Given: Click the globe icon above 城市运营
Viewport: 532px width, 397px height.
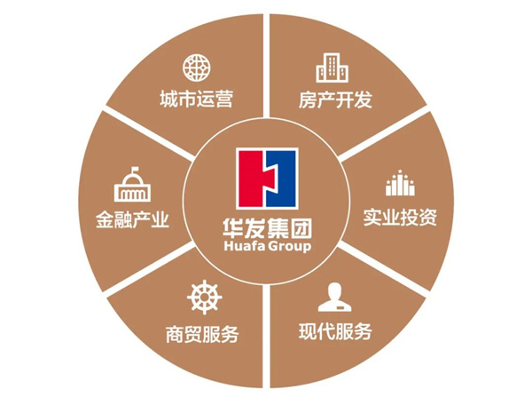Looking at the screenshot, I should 195,67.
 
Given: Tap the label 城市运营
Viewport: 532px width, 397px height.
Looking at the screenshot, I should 197,98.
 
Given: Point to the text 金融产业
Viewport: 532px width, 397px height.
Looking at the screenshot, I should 133,217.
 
